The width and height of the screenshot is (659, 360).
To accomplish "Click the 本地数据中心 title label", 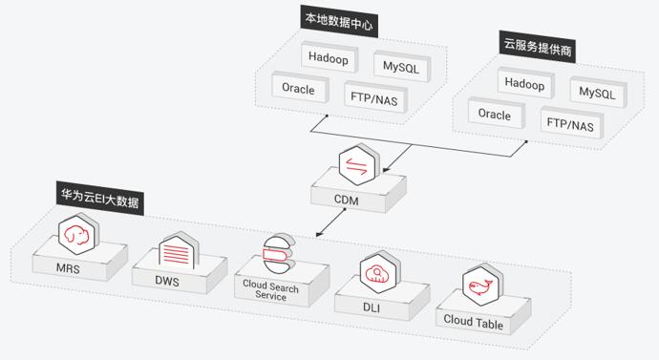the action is coord(339,21).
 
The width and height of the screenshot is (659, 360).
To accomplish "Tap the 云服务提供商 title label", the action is coord(538,47).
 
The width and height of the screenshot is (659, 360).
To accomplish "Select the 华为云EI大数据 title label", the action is coord(100,199).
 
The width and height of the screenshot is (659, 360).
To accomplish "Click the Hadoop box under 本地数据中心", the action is coord(329,57).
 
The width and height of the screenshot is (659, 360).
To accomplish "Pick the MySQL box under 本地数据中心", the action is coord(402,67).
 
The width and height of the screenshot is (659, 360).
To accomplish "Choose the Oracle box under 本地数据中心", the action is coord(299,88).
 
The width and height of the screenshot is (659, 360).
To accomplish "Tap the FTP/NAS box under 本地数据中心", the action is coord(375,97).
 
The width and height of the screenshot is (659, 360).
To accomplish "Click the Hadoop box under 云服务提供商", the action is coord(525,83).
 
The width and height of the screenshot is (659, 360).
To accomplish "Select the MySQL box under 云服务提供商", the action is coord(598,92).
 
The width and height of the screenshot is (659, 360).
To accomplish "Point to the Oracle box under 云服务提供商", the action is coord(496,114).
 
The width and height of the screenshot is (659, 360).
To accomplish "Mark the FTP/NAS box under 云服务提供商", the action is coord(571,124).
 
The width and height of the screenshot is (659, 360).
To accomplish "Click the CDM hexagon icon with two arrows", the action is coord(357,164).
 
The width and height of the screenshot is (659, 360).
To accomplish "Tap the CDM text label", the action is coord(347,200).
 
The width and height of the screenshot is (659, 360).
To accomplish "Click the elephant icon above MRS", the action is coord(77,234).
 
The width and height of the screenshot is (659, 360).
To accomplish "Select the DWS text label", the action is coord(167,281).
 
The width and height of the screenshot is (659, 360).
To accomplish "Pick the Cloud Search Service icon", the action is coord(277,254).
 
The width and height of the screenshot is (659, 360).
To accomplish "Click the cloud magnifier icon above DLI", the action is coord(379,272).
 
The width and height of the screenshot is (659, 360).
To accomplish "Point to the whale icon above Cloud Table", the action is coord(482,286).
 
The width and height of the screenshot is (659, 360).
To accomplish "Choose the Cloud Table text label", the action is coord(473,322).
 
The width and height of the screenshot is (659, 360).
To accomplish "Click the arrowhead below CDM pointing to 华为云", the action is coord(319,234).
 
